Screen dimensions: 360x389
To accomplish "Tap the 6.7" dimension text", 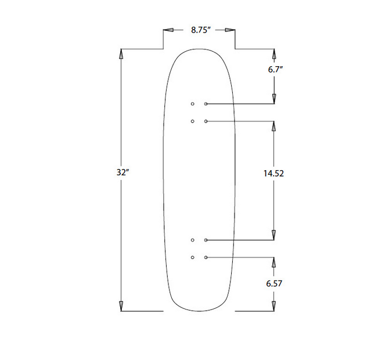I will [275, 69].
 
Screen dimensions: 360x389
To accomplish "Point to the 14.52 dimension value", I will [273, 173].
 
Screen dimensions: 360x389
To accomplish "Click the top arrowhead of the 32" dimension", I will [121, 55].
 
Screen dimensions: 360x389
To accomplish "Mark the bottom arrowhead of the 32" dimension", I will [121, 305].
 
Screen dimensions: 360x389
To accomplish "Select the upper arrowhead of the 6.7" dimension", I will [274, 55].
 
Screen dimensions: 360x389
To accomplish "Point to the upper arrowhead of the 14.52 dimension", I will [274, 127].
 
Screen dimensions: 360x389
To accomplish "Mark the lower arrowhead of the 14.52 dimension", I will [274, 234].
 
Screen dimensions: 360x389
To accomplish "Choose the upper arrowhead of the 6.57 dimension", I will [274, 262].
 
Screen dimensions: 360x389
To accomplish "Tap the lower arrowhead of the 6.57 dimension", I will [274, 305].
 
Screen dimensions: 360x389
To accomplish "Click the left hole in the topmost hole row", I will [193, 104].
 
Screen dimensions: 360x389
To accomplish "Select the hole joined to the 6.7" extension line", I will [206, 104].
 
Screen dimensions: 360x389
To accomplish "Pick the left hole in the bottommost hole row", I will [193, 257].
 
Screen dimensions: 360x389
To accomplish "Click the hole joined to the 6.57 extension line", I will [206, 257].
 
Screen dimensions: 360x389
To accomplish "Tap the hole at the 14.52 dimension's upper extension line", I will [206, 121].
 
